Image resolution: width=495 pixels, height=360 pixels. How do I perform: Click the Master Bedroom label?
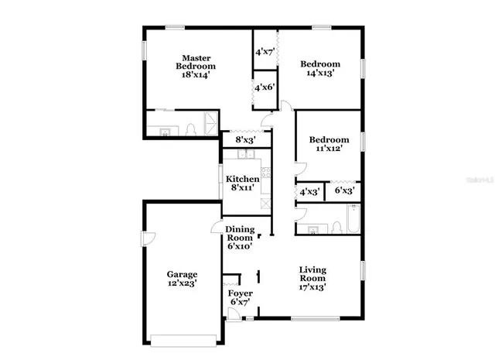coord(196,63)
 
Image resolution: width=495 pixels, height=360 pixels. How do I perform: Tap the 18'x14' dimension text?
coord(196,75)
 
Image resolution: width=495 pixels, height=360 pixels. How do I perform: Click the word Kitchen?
coord(243,179)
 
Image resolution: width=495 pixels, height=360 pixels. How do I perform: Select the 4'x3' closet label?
coord(309,191)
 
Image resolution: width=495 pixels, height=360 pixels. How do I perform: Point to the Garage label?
coord(183,274)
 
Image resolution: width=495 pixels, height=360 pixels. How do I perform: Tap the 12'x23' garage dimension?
coord(183,284)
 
